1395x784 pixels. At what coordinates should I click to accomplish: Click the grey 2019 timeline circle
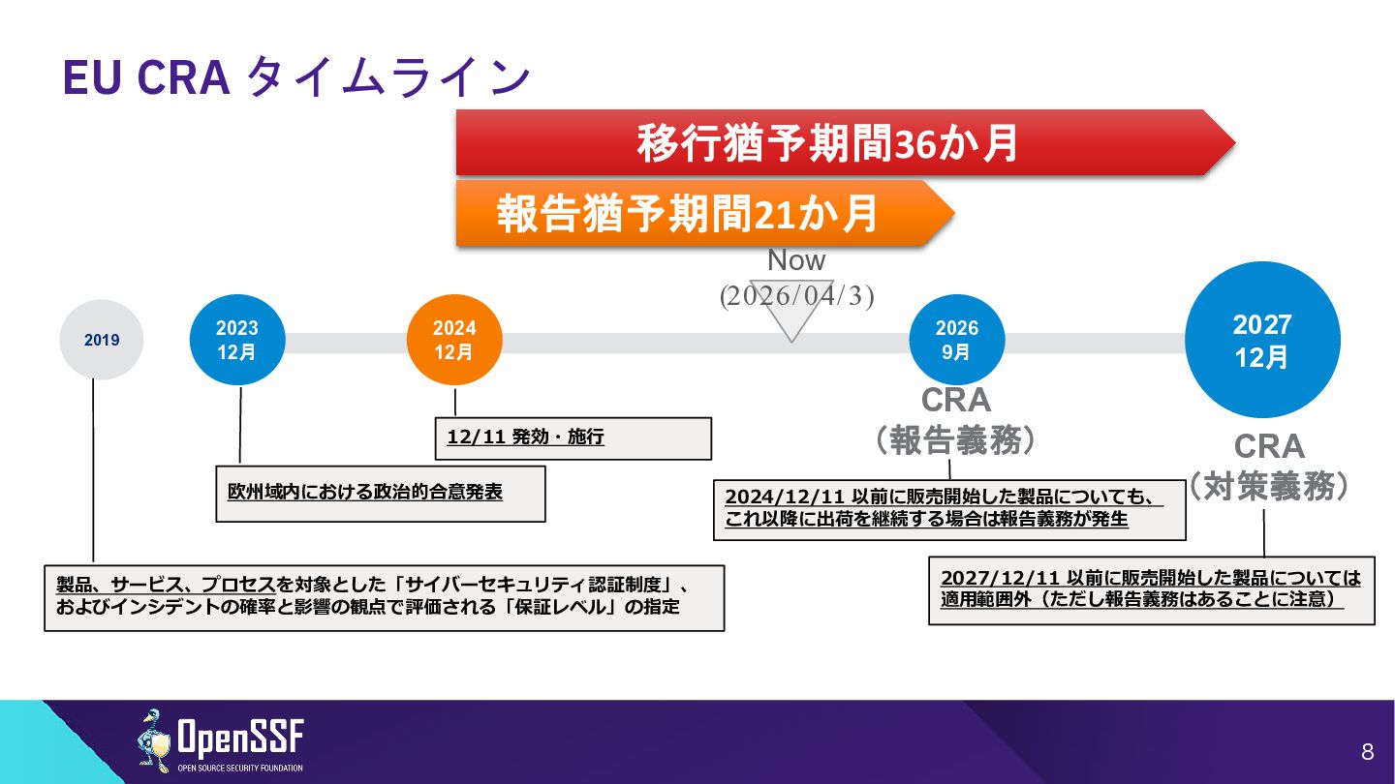[102, 340]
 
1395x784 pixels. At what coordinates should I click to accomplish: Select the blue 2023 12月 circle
[237, 340]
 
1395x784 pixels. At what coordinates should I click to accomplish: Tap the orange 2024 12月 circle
[454, 340]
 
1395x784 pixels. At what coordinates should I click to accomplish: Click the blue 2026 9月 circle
[956, 340]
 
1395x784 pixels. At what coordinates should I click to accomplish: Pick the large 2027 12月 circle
[1262, 340]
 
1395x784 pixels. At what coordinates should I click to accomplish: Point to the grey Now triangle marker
[791, 320]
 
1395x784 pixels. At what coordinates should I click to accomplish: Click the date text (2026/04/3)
[796, 296]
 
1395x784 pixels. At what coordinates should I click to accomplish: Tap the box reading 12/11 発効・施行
[573, 437]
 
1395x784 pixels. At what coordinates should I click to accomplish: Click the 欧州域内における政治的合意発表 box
[380, 493]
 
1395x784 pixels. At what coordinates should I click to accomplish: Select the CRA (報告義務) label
[955, 421]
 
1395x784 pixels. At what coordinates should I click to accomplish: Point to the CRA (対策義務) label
[1269, 467]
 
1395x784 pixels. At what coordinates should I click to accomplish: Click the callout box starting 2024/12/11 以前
[949, 508]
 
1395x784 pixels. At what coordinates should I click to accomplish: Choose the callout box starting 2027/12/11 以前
[1151, 588]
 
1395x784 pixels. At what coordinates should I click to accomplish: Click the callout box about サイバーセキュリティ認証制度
[384, 596]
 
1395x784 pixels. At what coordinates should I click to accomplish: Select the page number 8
[1367, 752]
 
